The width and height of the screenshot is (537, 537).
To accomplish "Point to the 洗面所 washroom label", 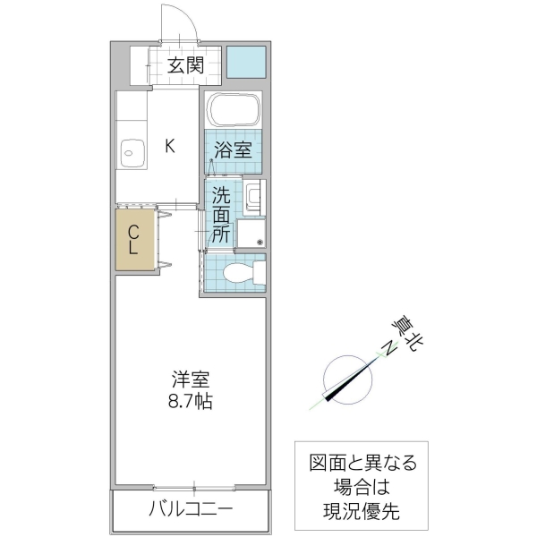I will pos(221,214).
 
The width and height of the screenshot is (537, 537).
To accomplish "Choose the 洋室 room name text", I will pos(192,378).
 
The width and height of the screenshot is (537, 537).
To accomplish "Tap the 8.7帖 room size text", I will pos(192,402).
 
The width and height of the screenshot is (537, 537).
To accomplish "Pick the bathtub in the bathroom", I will pos(233,110).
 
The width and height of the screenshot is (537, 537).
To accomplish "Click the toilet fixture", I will pos(243,274).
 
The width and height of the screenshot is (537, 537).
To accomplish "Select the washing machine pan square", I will pos(251,234).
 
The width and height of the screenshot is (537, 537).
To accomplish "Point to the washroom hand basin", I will pos(253,196).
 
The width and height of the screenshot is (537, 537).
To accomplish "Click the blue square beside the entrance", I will pos(246,61).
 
